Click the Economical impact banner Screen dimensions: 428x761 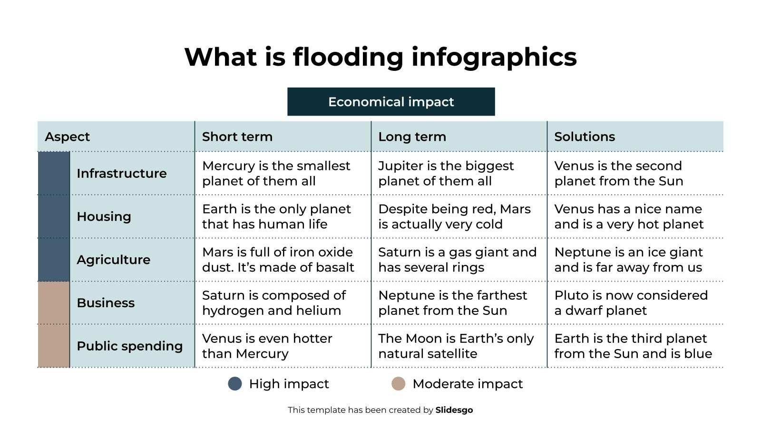point(391,102)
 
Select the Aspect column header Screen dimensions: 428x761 point(68,137)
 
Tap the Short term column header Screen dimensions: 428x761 point(237,137)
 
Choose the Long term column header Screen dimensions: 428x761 point(412,137)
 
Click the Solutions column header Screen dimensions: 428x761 point(585,137)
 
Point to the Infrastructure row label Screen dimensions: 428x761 point(122,174)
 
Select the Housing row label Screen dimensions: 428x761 point(104,217)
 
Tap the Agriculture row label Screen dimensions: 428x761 point(113,260)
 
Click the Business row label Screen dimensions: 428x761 point(106,303)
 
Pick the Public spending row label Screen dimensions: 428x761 point(129,346)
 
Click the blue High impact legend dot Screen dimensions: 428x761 point(235,384)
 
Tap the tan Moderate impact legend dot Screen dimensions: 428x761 point(399,384)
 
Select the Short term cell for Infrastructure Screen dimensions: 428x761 point(276,174)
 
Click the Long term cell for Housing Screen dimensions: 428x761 point(454,217)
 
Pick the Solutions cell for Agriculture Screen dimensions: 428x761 point(628,260)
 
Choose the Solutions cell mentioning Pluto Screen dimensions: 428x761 point(631,303)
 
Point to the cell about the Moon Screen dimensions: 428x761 point(456,346)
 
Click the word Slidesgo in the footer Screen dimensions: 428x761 point(454,410)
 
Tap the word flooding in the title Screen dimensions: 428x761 point(348,57)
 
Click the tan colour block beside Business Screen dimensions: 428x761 point(54,303)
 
